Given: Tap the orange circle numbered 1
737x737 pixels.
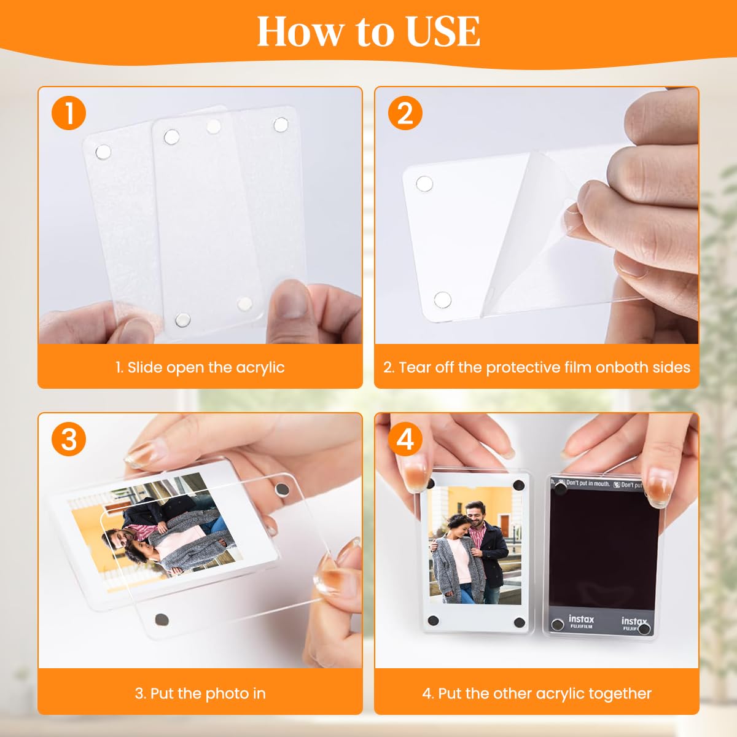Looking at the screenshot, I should click(x=69, y=114).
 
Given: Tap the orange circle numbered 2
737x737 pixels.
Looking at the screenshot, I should click(x=405, y=114).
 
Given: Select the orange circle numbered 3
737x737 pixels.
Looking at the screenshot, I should click(x=69, y=440).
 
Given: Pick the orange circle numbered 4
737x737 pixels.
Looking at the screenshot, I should click(x=405, y=440).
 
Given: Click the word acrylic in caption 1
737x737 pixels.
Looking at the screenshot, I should click(x=259, y=368).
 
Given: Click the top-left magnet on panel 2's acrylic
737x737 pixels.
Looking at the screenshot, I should click(x=424, y=184).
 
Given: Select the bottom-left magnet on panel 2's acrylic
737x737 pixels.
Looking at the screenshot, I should click(x=442, y=300).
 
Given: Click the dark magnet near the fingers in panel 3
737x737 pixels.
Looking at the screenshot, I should click(x=283, y=489).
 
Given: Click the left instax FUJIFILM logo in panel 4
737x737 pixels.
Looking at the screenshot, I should click(x=580, y=622).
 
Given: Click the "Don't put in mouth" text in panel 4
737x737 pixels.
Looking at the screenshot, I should click(x=588, y=484).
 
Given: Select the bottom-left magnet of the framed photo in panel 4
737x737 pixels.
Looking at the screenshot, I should click(x=433, y=621).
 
